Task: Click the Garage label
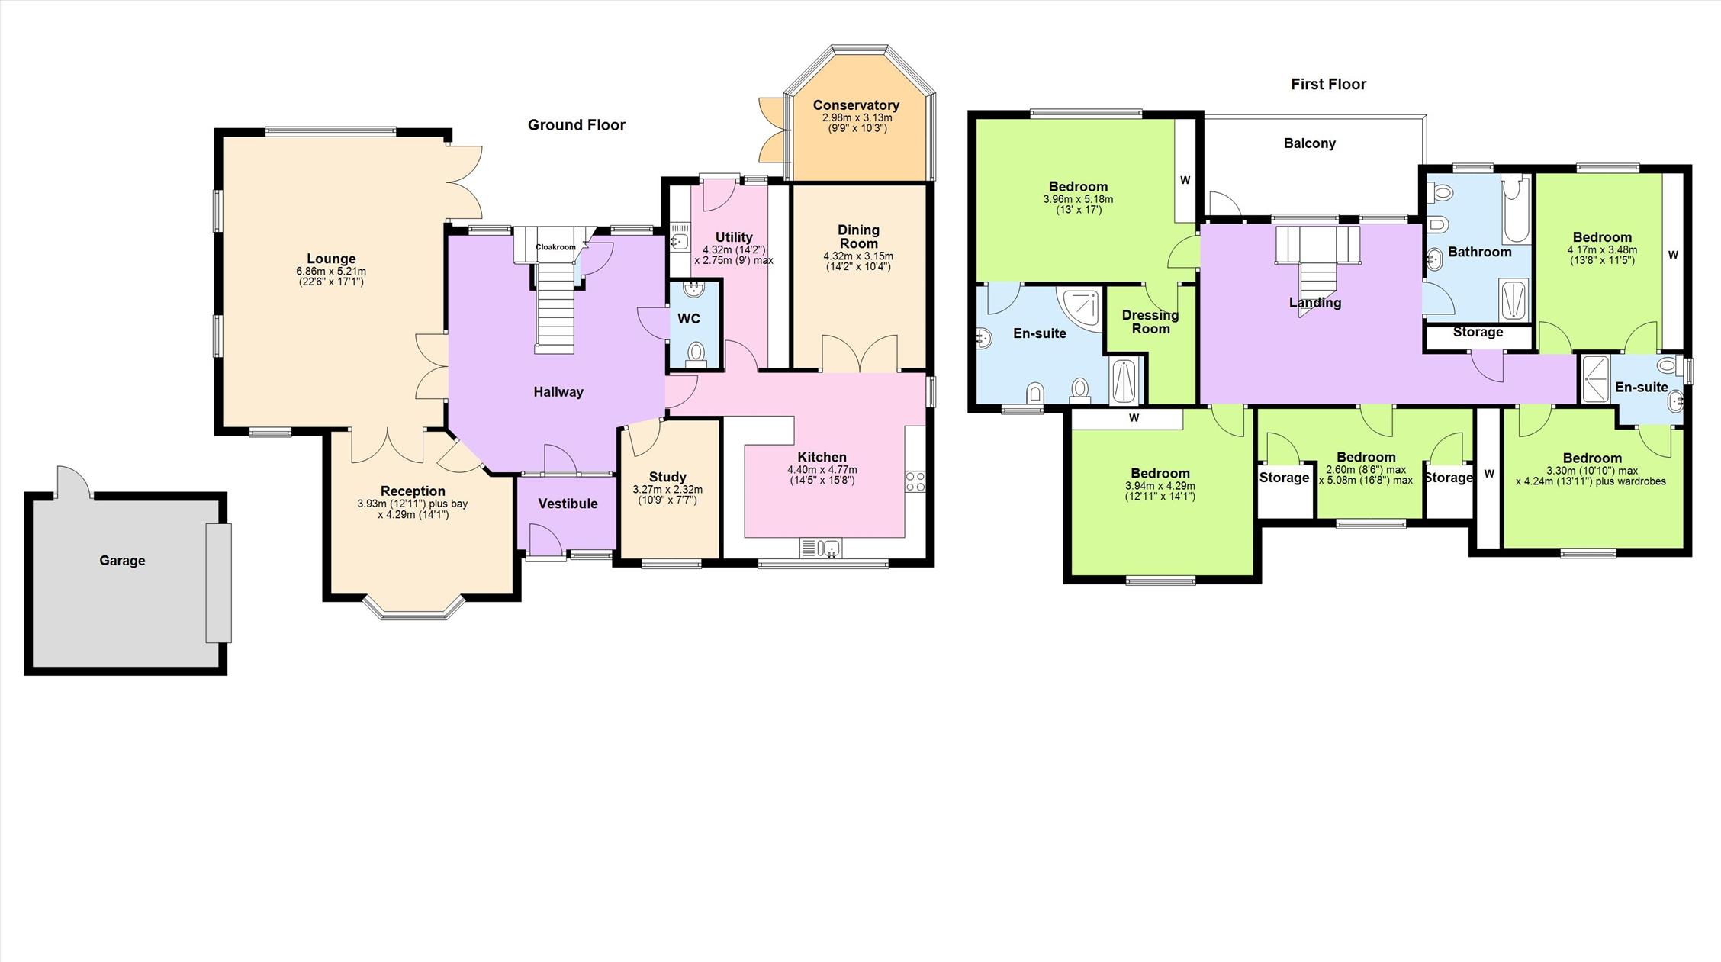click(x=122, y=561)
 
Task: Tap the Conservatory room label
click(x=856, y=105)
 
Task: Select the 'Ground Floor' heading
click(x=577, y=125)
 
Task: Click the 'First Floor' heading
click(x=1328, y=85)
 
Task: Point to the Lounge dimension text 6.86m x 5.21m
click(x=331, y=272)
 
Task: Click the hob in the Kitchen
click(x=915, y=481)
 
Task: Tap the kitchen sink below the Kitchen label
click(x=821, y=549)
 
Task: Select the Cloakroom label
click(x=555, y=247)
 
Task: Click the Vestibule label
click(x=568, y=504)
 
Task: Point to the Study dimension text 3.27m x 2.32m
click(x=667, y=490)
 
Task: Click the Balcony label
click(x=1310, y=143)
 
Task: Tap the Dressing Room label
click(x=1150, y=322)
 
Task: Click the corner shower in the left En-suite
click(x=1080, y=307)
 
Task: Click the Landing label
click(x=1315, y=303)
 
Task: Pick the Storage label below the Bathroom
click(x=1478, y=333)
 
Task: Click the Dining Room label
click(x=858, y=236)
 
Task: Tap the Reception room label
click(x=413, y=491)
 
